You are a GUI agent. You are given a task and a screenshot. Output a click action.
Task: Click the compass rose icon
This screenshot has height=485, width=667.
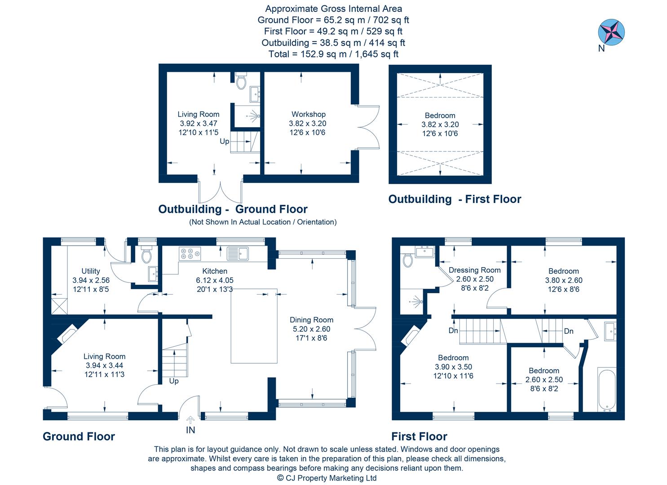point(611,32)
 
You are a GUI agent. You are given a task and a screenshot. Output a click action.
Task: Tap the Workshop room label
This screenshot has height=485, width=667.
point(308,115)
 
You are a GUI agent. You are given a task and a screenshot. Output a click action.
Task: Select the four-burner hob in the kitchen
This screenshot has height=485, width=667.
point(190,254)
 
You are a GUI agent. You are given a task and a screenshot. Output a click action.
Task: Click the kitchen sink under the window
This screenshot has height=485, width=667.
point(238,254)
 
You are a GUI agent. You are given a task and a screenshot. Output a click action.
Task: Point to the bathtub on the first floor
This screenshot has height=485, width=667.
point(607,389)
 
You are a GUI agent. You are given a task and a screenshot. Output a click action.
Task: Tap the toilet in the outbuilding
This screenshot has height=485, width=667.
point(241,81)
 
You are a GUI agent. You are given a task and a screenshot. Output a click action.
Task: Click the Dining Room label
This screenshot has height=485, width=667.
point(311,320)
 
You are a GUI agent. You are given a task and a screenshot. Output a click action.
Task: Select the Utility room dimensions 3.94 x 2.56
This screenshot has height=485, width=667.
point(91,280)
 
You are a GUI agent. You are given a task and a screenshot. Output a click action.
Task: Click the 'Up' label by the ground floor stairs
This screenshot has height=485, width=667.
point(174,381)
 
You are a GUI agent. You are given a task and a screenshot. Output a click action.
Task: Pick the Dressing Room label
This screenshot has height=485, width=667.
point(474,270)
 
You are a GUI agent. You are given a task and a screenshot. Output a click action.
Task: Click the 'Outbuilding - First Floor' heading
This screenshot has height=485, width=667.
point(455,199)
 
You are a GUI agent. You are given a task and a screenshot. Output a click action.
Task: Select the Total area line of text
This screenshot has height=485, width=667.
point(333,54)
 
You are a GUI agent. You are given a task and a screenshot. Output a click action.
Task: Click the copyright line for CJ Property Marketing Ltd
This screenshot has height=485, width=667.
point(327,478)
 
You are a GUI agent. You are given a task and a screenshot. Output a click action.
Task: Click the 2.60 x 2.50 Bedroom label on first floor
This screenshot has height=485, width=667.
point(544,370)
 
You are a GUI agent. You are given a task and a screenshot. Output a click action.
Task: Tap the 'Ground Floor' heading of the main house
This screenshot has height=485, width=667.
point(79,436)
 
